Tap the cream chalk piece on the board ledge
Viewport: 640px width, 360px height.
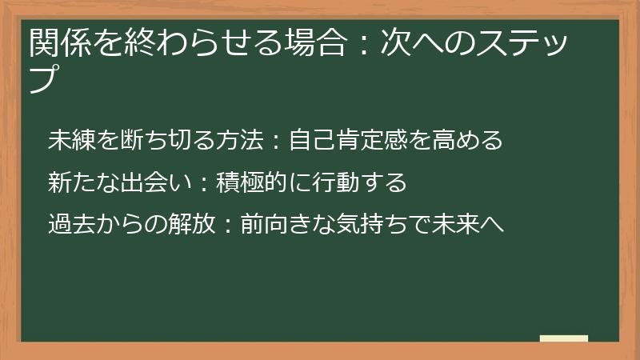click(x=563, y=338)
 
